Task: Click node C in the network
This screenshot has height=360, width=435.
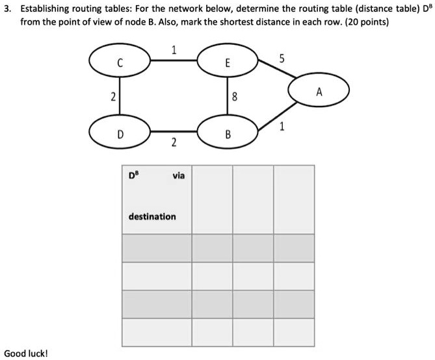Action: click(x=120, y=60)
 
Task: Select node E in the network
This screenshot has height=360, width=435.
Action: click(x=228, y=60)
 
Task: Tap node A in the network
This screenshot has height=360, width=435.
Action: click(x=319, y=90)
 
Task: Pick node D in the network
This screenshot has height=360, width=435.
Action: click(x=120, y=132)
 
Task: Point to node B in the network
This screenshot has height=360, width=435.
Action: click(x=228, y=132)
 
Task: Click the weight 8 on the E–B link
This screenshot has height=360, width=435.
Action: click(x=235, y=97)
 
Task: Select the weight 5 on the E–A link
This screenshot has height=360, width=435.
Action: click(x=282, y=58)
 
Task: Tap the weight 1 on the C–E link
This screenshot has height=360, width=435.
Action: click(x=174, y=50)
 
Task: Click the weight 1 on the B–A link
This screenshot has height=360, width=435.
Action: click(x=282, y=127)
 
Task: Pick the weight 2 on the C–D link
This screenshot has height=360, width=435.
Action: click(x=113, y=97)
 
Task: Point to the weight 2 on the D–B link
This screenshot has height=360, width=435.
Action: click(x=174, y=142)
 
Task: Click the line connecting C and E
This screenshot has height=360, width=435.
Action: click(x=174, y=60)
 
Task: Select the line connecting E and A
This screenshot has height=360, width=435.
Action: click(x=277, y=68)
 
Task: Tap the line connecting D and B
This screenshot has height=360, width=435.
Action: click(x=174, y=131)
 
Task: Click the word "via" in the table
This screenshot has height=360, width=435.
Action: click(x=178, y=175)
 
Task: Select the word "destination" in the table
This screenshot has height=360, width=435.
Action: click(x=152, y=216)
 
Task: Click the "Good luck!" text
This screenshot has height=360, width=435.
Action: click(x=26, y=354)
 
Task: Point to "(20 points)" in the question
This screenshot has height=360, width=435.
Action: click(x=367, y=22)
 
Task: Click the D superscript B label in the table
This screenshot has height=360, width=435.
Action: click(x=133, y=175)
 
